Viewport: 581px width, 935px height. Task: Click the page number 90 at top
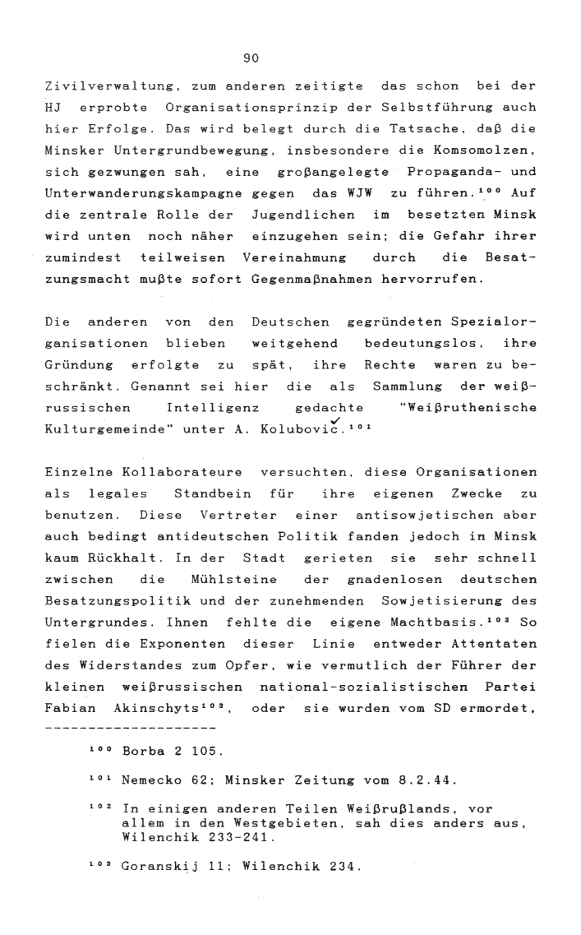(x=251, y=58)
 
